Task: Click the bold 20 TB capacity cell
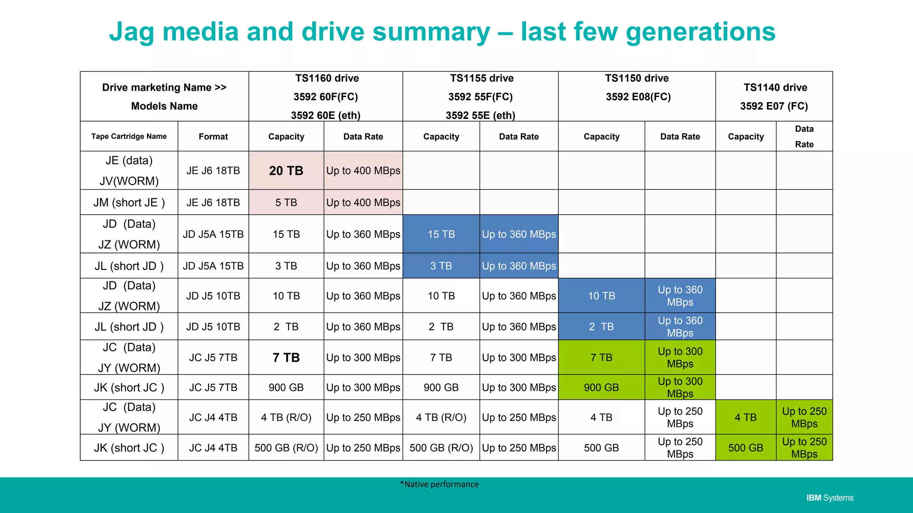(286, 171)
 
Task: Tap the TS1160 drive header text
(327, 78)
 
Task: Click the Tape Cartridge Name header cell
(129, 136)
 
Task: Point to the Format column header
(213, 137)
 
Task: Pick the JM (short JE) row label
(129, 203)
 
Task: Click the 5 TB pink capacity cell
(286, 203)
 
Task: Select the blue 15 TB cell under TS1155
(441, 234)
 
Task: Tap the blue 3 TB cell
(441, 266)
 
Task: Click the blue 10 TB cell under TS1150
(601, 296)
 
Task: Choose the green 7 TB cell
(601, 357)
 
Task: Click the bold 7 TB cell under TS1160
(286, 358)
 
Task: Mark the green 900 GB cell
(601, 387)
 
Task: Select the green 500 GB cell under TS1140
(745, 448)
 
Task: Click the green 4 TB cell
(745, 417)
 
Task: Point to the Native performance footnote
(439, 484)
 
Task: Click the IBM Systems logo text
(829, 498)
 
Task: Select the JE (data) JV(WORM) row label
(129, 171)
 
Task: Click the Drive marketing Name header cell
(164, 96)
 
